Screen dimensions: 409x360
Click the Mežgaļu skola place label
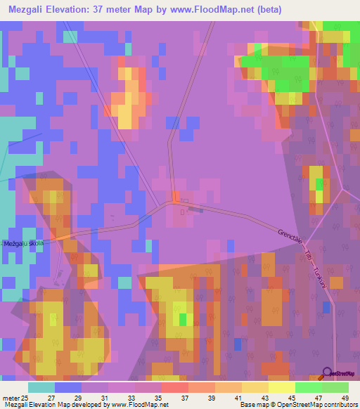[24, 243]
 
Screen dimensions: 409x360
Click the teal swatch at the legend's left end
[41, 388]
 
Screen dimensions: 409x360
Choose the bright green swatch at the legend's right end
[335, 388]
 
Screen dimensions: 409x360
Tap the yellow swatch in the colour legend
[281, 388]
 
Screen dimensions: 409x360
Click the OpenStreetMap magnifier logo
[328, 372]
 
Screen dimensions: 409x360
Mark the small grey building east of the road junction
[196, 208]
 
